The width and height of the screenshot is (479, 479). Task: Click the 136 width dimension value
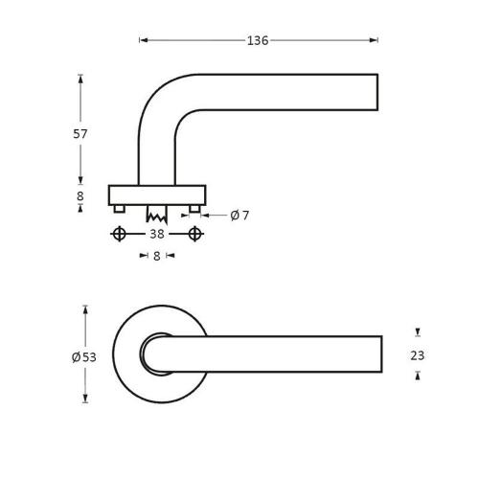(258, 40)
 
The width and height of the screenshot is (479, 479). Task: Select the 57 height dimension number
(80, 134)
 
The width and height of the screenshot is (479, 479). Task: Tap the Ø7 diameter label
(239, 216)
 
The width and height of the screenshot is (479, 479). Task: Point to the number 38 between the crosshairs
(157, 234)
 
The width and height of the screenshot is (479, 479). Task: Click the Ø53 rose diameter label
(84, 357)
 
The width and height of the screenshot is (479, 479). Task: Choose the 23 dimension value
(417, 354)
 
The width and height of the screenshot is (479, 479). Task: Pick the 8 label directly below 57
(80, 195)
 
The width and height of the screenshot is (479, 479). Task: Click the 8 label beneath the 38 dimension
(157, 256)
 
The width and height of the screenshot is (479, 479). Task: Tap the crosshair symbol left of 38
(119, 234)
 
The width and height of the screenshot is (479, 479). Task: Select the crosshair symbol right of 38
(195, 234)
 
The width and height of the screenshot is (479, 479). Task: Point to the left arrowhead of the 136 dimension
(142, 40)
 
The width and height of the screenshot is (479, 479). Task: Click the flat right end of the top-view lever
(381, 354)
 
